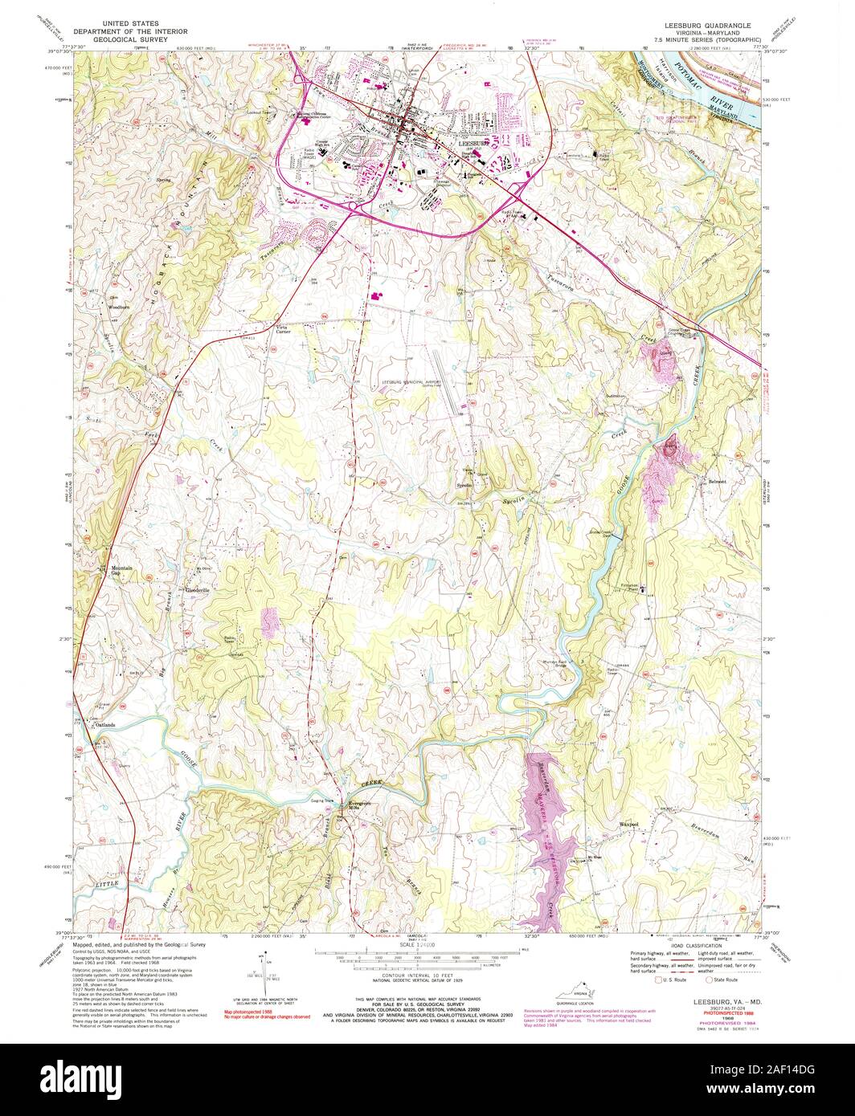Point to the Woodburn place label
pyautogui.click(x=119, y=308)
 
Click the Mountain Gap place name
pyautogui.click(x=121, y=571)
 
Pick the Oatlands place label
pyautogui.click(x=105, y=725)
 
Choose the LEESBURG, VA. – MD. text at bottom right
pyautogui.click(x=725, y=1003)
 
